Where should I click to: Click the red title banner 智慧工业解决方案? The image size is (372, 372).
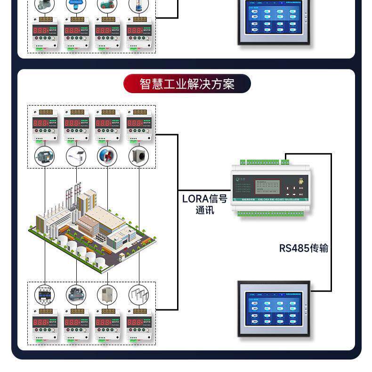pyautogui.click(x=187, y=84)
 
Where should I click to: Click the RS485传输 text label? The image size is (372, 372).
pyautogui.click(x=303, y=248)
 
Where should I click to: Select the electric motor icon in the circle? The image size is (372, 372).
pyautogui.click(x=45, y=156)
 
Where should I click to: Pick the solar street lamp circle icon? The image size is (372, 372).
pyautogui.click(x=76, y=156)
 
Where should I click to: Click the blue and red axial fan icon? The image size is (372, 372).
pyautogui.click(x=107, y=156)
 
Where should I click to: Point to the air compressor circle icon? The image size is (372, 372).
pyautogui.click(x=76, y=295)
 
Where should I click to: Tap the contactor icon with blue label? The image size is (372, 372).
pyautogui.click(x=45, y=295)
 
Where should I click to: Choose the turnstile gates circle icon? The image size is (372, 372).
pyautogui.click(x=139, y=295)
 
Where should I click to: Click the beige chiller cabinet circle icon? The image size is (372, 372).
pyautogui.click(x=107, y=295)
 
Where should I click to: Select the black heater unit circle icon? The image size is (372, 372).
pyautogui.click(x=139, y=156)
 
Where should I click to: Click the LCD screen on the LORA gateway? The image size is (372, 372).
pyautogui.click(x=269, y=187)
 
